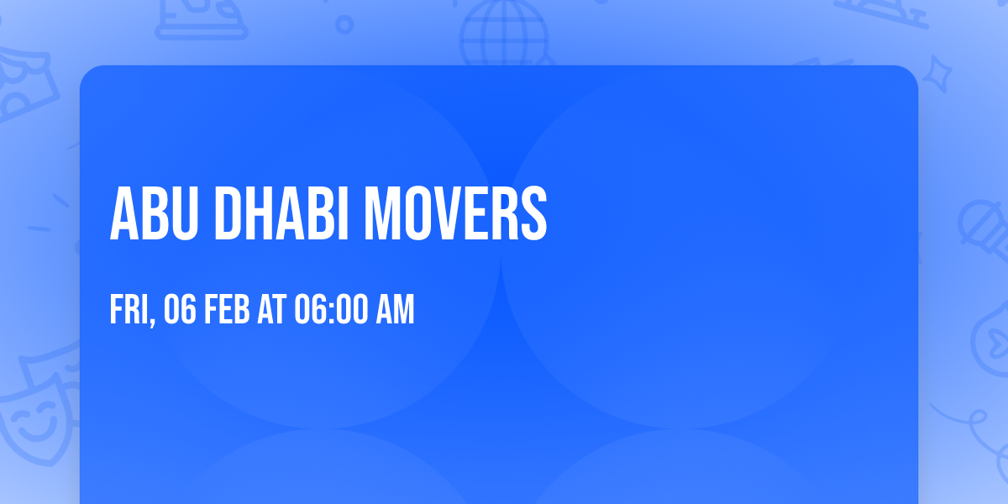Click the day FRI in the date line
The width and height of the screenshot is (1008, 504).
[x=129, y=310]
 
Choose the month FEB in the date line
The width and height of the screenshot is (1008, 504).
[x=228, y=310]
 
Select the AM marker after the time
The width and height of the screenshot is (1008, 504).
[x=394, y=310]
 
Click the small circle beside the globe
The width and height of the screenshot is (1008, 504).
[x=344, y=24]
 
